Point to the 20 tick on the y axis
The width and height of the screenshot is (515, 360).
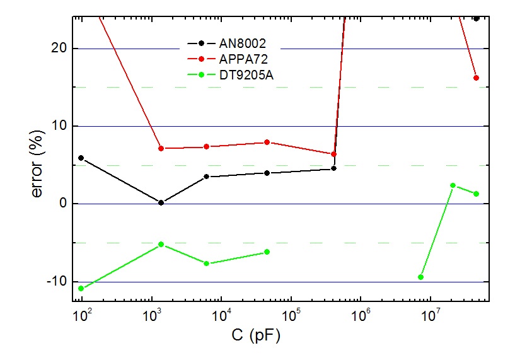(x=61, y=49)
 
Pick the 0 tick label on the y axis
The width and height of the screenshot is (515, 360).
(x=64, y=204)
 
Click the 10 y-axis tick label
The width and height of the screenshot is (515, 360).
(x=61, y=126)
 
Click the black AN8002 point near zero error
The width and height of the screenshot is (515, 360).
(x=161, y=202)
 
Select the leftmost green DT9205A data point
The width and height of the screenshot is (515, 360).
(x=81, y=288)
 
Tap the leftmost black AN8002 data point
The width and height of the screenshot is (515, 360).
(x=81, y=158)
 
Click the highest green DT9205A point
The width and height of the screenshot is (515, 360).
(x=453, y=185)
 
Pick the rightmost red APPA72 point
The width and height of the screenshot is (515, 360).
(x=476, y=78)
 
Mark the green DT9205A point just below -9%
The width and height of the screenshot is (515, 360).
(x=420, y=277)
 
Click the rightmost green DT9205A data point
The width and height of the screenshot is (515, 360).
(x=476, y=194)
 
